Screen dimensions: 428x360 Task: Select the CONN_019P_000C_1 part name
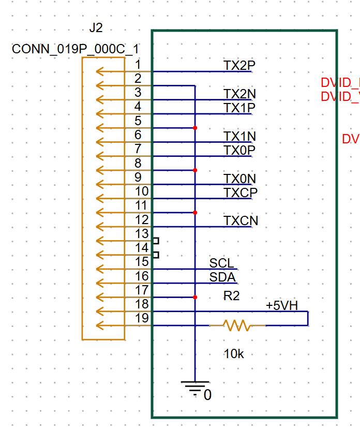(x=76, y=49)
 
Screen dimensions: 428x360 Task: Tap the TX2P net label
(x=239, y=65)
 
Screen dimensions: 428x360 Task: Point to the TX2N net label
(x=239, y=94)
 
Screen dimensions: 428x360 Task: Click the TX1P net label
(x=239, y=108)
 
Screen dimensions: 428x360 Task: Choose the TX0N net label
(x=239, y=179)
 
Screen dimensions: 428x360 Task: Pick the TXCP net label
(x=241, y=193)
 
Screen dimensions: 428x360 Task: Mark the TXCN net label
(x=241, y=221)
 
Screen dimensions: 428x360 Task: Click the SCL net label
(x=221, y=263)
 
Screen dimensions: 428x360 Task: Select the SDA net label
(x=222, y=277)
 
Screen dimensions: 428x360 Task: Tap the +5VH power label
(x=281, y=305)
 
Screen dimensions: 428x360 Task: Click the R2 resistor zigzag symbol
(x=237, y=326)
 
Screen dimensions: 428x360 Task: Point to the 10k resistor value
(x=234, y=355)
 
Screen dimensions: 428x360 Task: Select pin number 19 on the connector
(x=141, y=318)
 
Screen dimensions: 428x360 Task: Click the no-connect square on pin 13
(x=156, y=241)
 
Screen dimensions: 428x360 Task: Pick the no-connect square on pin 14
(x=156, y=255)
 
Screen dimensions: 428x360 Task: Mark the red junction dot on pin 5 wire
(x=195, y=128)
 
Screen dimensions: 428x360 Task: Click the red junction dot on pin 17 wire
(x=195, y=297)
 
